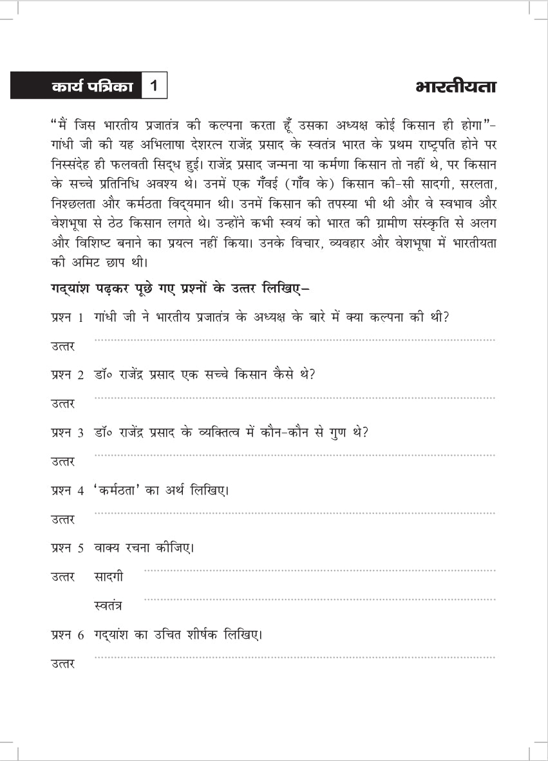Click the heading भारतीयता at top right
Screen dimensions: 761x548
tap(456, 87)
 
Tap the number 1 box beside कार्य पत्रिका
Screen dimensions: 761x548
tap(153, 86)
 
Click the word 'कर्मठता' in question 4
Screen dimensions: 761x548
tap(121, 490)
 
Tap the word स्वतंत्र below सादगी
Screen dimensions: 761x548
tap(108, 606)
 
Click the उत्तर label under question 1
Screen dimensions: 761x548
tap(63, 347)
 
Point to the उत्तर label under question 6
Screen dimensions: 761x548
tap(63, 664)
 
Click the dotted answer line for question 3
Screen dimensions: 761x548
tap(295, 455)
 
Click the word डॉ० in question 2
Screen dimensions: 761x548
tap(104, 375)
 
